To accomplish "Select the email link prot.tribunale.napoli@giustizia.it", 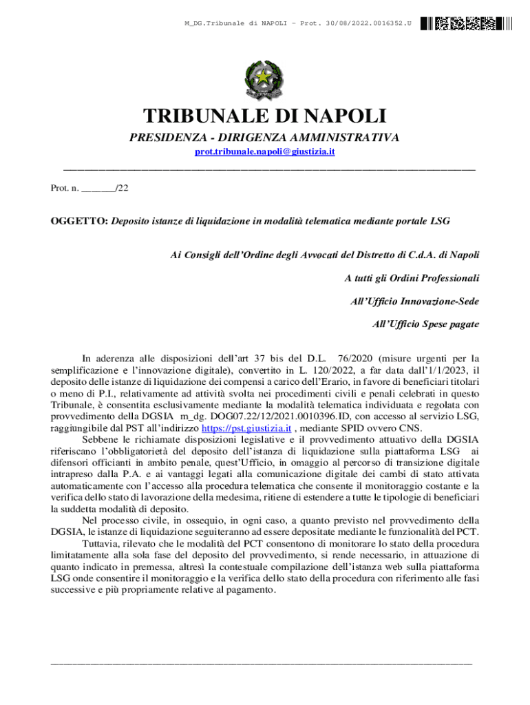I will [265, 151].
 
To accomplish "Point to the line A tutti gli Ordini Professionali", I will [412, 278].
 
